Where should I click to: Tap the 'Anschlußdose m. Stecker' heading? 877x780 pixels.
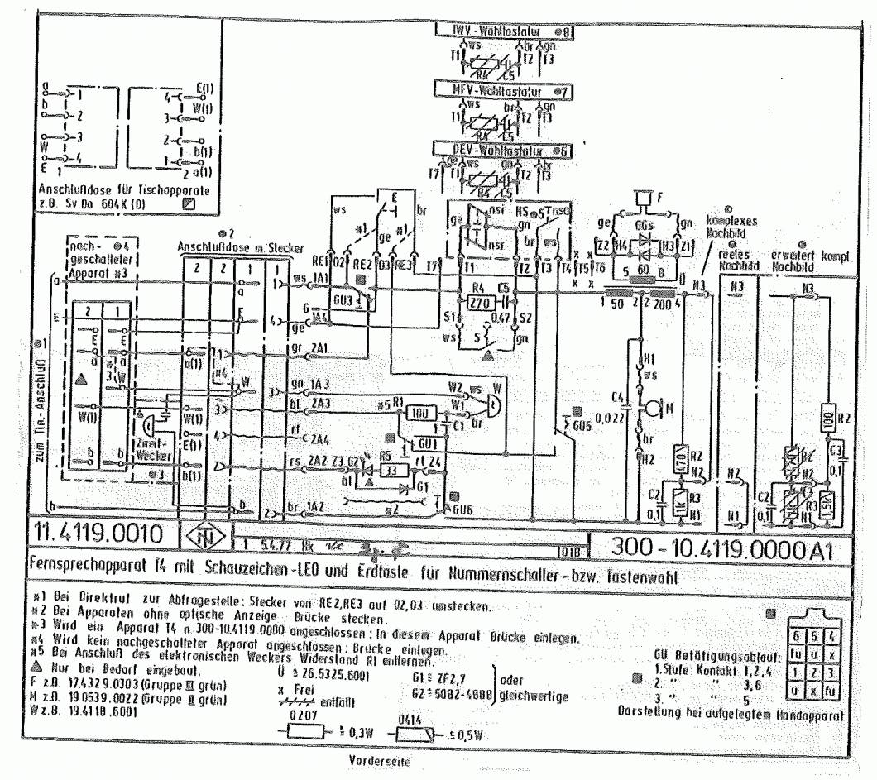pyautogui.click(x=240, y=248)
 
